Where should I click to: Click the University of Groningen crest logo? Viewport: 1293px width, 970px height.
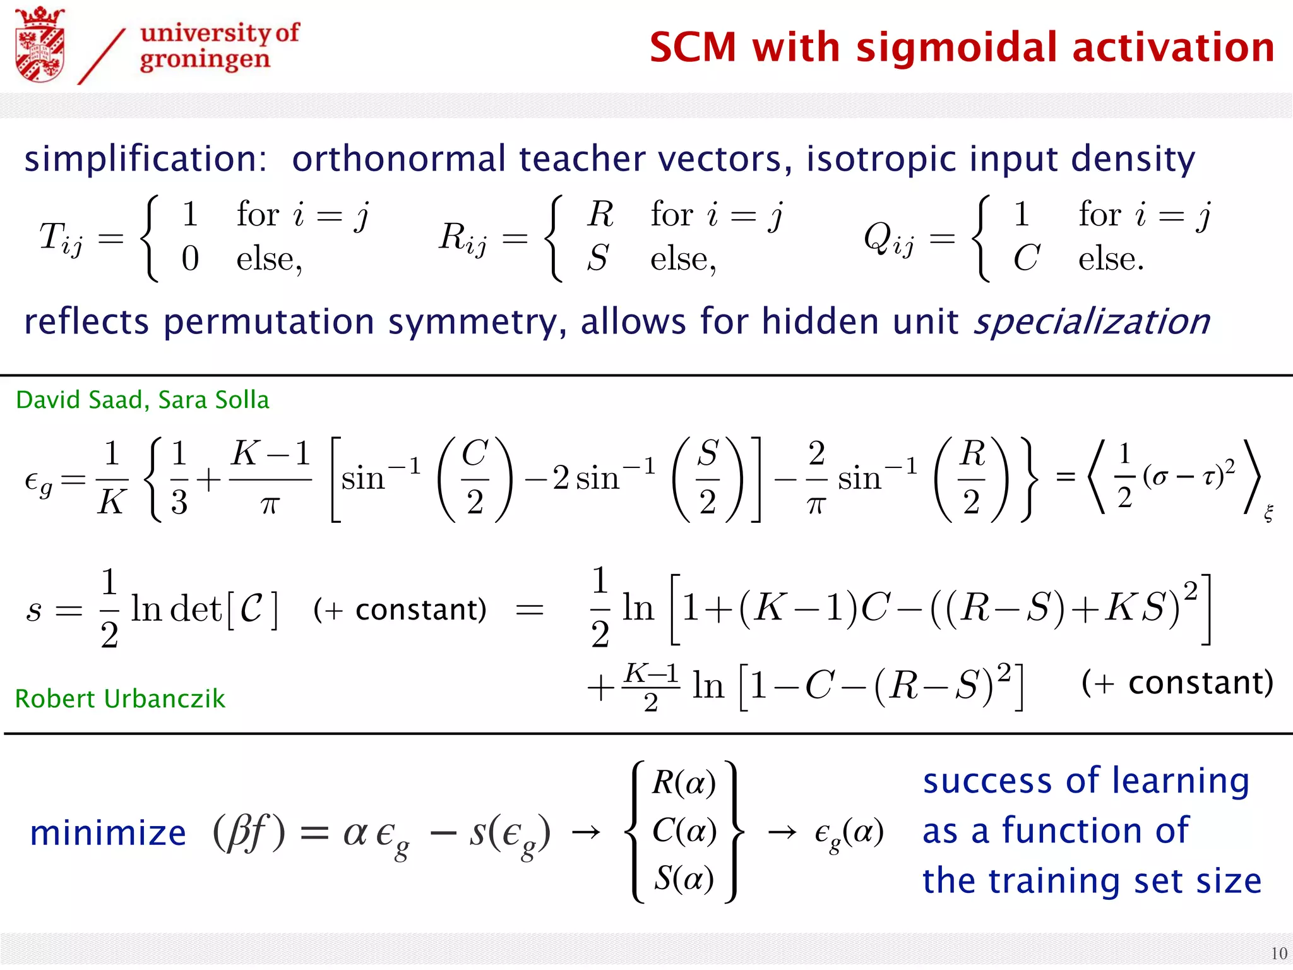(40, 45)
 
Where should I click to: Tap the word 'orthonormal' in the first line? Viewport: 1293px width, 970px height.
(398, 159)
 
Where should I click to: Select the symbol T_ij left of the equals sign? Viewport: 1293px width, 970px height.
(61, 239)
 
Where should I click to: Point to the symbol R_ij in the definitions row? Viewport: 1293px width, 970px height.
(463, 239)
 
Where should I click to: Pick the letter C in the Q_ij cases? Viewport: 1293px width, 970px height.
(1026, 258)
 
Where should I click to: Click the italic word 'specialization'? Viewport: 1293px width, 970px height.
(1092, 321)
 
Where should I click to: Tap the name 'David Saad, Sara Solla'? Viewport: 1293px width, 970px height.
(143, 400)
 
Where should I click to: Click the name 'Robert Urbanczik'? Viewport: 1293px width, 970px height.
(120, 698)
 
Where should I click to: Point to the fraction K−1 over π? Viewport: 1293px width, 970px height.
(270, 479)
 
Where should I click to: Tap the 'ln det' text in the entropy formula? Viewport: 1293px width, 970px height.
(177, 609)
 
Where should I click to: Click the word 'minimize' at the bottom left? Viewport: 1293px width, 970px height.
(108, 833)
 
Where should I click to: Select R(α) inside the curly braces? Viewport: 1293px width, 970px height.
(684, 783)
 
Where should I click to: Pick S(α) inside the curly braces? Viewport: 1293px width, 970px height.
(684, 878)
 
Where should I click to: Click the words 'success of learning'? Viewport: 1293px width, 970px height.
(1086, 781)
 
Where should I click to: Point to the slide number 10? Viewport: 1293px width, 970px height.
(1278, 953)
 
